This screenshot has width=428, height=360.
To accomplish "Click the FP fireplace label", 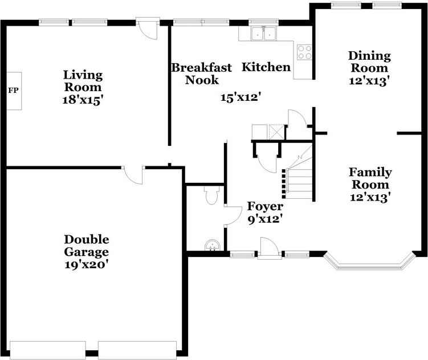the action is tap(13, 91).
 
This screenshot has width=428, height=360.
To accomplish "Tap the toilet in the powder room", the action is tap(211, 195).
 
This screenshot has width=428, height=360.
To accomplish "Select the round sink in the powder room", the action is tap(212, 245).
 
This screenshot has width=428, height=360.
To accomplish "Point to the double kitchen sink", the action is tap(263, 34).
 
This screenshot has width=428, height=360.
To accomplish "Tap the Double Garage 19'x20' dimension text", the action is tap(87, 264).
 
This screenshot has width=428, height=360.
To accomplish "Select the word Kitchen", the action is tap(266, 67).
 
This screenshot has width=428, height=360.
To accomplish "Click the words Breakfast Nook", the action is tap(201, 73).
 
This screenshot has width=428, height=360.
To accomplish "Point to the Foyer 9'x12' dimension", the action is tap(265, 219).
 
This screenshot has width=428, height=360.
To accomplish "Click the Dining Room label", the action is tap(369, 62).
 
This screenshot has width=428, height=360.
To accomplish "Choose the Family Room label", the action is tap(370, 178).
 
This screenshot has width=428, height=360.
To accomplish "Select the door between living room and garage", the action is tap(133, 175).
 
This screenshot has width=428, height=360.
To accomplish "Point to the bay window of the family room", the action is tap(370, 263).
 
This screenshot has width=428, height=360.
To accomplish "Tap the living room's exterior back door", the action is tap(148, 28).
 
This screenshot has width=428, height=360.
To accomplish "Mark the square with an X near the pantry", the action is tap(276, 132).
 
